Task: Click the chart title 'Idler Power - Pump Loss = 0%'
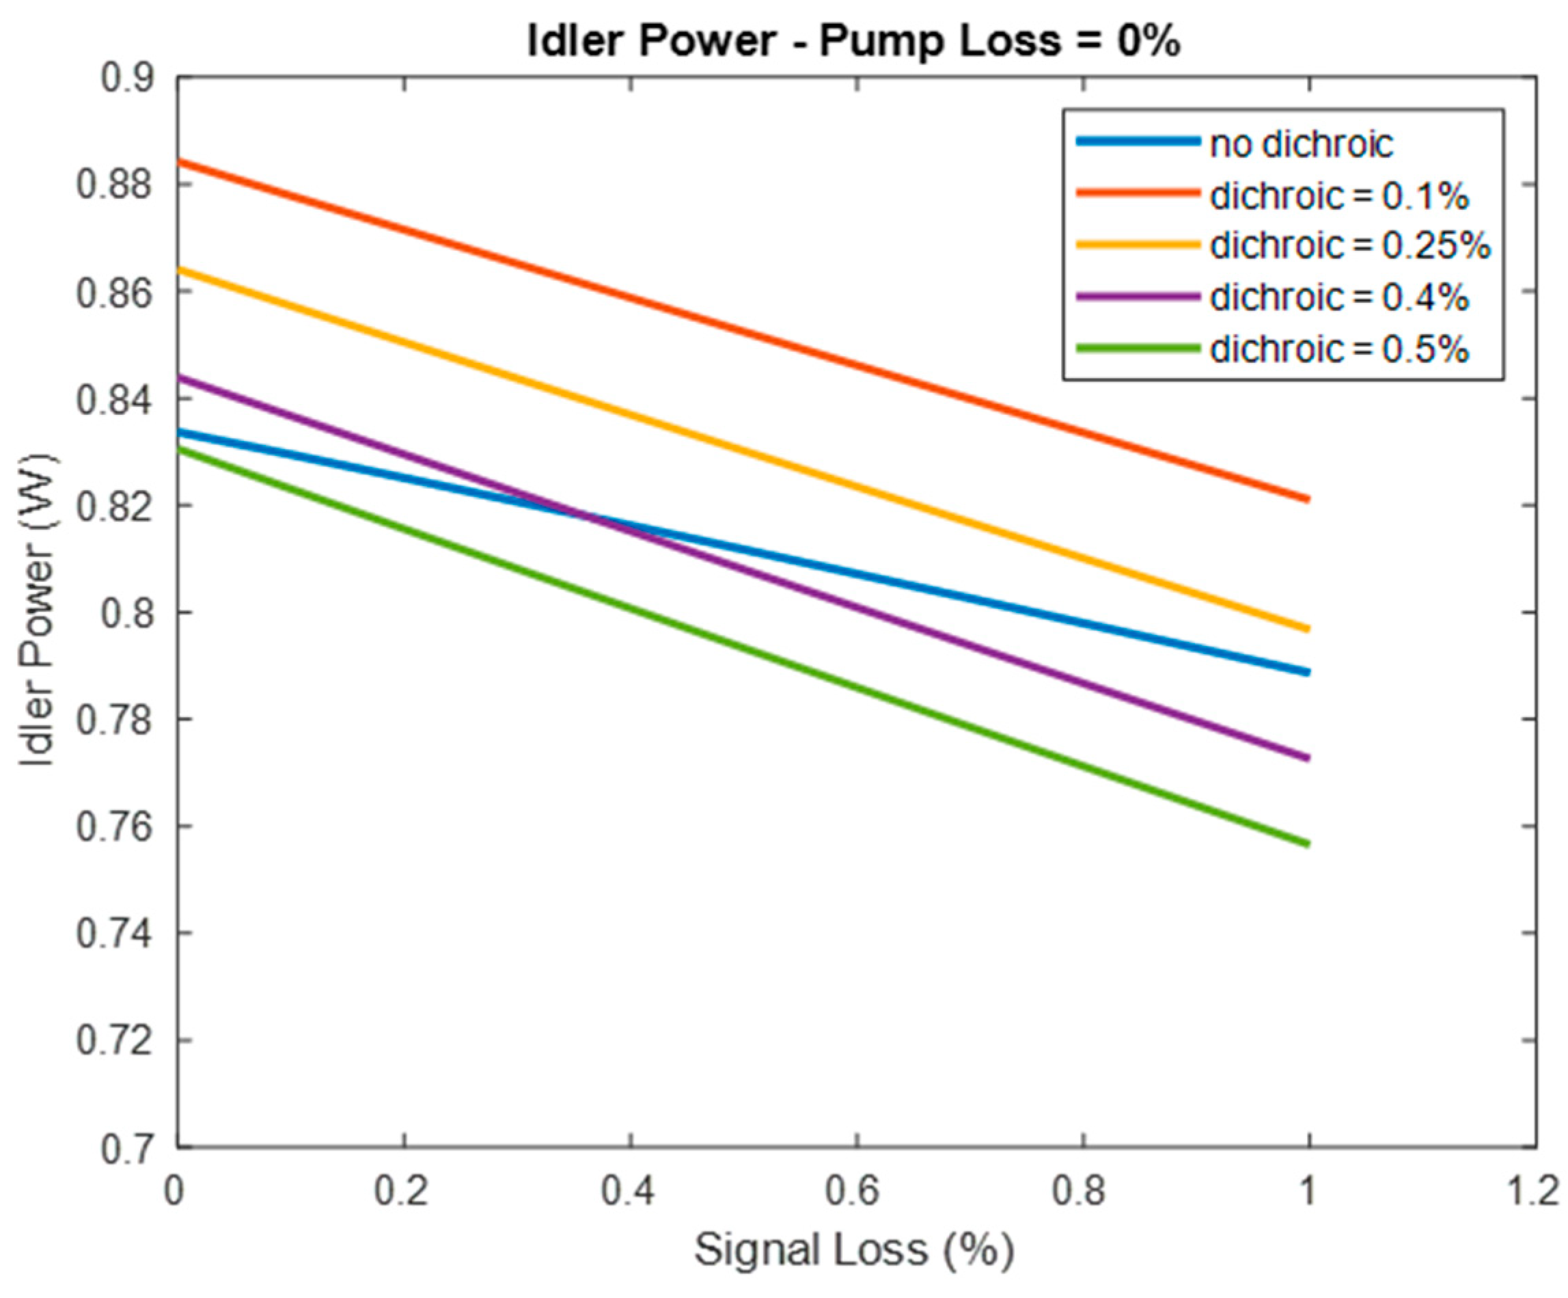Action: (853, 40)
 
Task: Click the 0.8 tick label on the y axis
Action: (127, 612)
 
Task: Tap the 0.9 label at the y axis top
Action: (127, 79)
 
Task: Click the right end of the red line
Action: (1308, 499)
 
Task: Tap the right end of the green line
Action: (1308, 845)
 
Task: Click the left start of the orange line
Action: (179, 269)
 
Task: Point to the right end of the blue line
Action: (1308, 672)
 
